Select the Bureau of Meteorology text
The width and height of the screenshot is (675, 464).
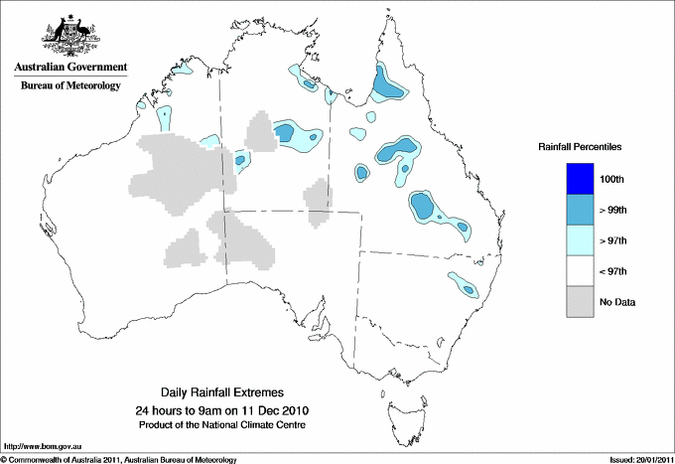click(70, 85)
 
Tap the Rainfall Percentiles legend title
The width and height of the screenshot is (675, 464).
click(580, 146)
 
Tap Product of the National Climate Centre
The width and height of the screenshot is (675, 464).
click(220, 424)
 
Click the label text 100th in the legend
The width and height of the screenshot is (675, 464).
click(611, 179)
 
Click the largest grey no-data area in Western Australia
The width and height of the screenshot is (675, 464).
click(179, 174)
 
